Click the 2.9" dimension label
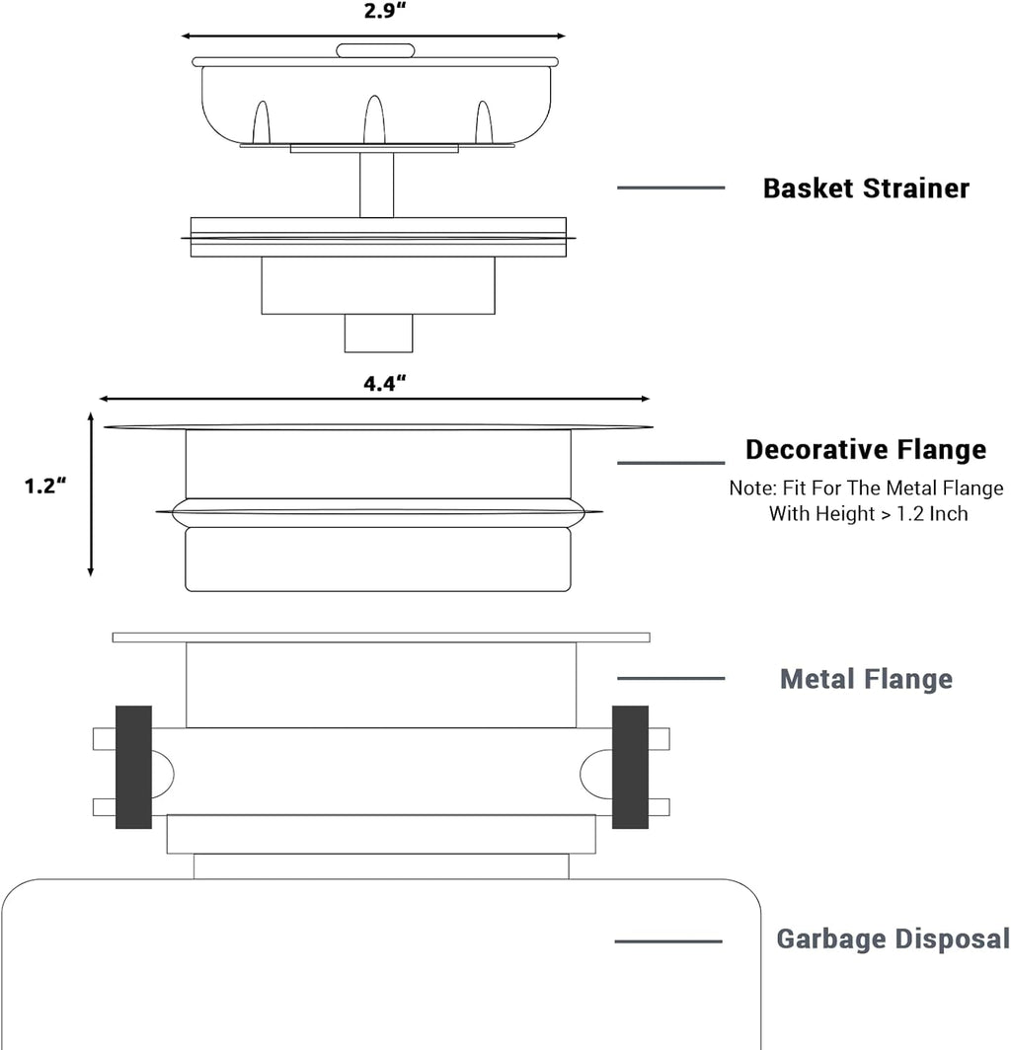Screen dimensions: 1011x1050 (x=385, y=12)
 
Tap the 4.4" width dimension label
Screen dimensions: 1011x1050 (x=385, y=384)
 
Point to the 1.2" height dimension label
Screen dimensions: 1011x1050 (x=45, y=486)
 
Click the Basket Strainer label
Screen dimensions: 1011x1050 (x=866, y=188)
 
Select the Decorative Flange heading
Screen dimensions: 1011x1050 (x=866, y=449)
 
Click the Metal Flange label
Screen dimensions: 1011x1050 (x=866, y=679)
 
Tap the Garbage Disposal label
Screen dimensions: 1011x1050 (x=894, y=938)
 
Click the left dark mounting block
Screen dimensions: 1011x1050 (x=134, y=767)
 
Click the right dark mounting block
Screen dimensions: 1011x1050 (x=631, y=767)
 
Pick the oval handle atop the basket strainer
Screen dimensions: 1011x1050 (x=375, y=51)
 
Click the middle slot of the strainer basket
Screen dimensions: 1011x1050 (x=374, y=119)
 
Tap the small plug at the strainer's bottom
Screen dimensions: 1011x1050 (x=378, y=333)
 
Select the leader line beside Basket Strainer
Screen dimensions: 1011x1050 (x=670, y=188)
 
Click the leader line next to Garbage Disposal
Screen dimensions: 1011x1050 (x=668, y=941)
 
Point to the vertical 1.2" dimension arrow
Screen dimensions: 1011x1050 (x=91, y=494)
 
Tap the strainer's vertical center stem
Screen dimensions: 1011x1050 (x=376, y=185)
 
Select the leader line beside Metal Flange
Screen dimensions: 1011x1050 (x=670, y=678)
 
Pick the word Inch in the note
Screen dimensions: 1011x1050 (x=949, y=513)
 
